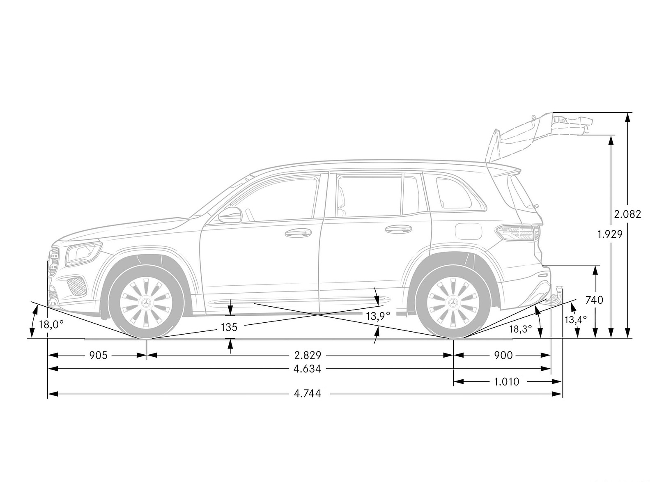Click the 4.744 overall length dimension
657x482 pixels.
(308, 393)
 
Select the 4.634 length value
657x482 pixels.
(308, 369)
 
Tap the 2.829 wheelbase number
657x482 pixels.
(308, 356)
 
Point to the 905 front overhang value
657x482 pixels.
(98, 356)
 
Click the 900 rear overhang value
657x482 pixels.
(503, 356)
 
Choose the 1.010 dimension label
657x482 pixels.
(507, 382)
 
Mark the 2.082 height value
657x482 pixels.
(627, 214)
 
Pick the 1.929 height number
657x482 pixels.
(610, 234)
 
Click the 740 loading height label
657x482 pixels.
(594, 300)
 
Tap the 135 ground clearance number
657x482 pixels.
(229, 327)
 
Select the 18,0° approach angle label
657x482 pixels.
(51, 325)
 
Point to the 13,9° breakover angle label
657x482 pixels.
(378, 316)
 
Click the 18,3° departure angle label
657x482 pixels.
(521, 329)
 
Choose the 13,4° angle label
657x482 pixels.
(576, 319)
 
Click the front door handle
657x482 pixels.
(298, 233)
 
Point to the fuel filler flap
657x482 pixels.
(469, 232)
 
